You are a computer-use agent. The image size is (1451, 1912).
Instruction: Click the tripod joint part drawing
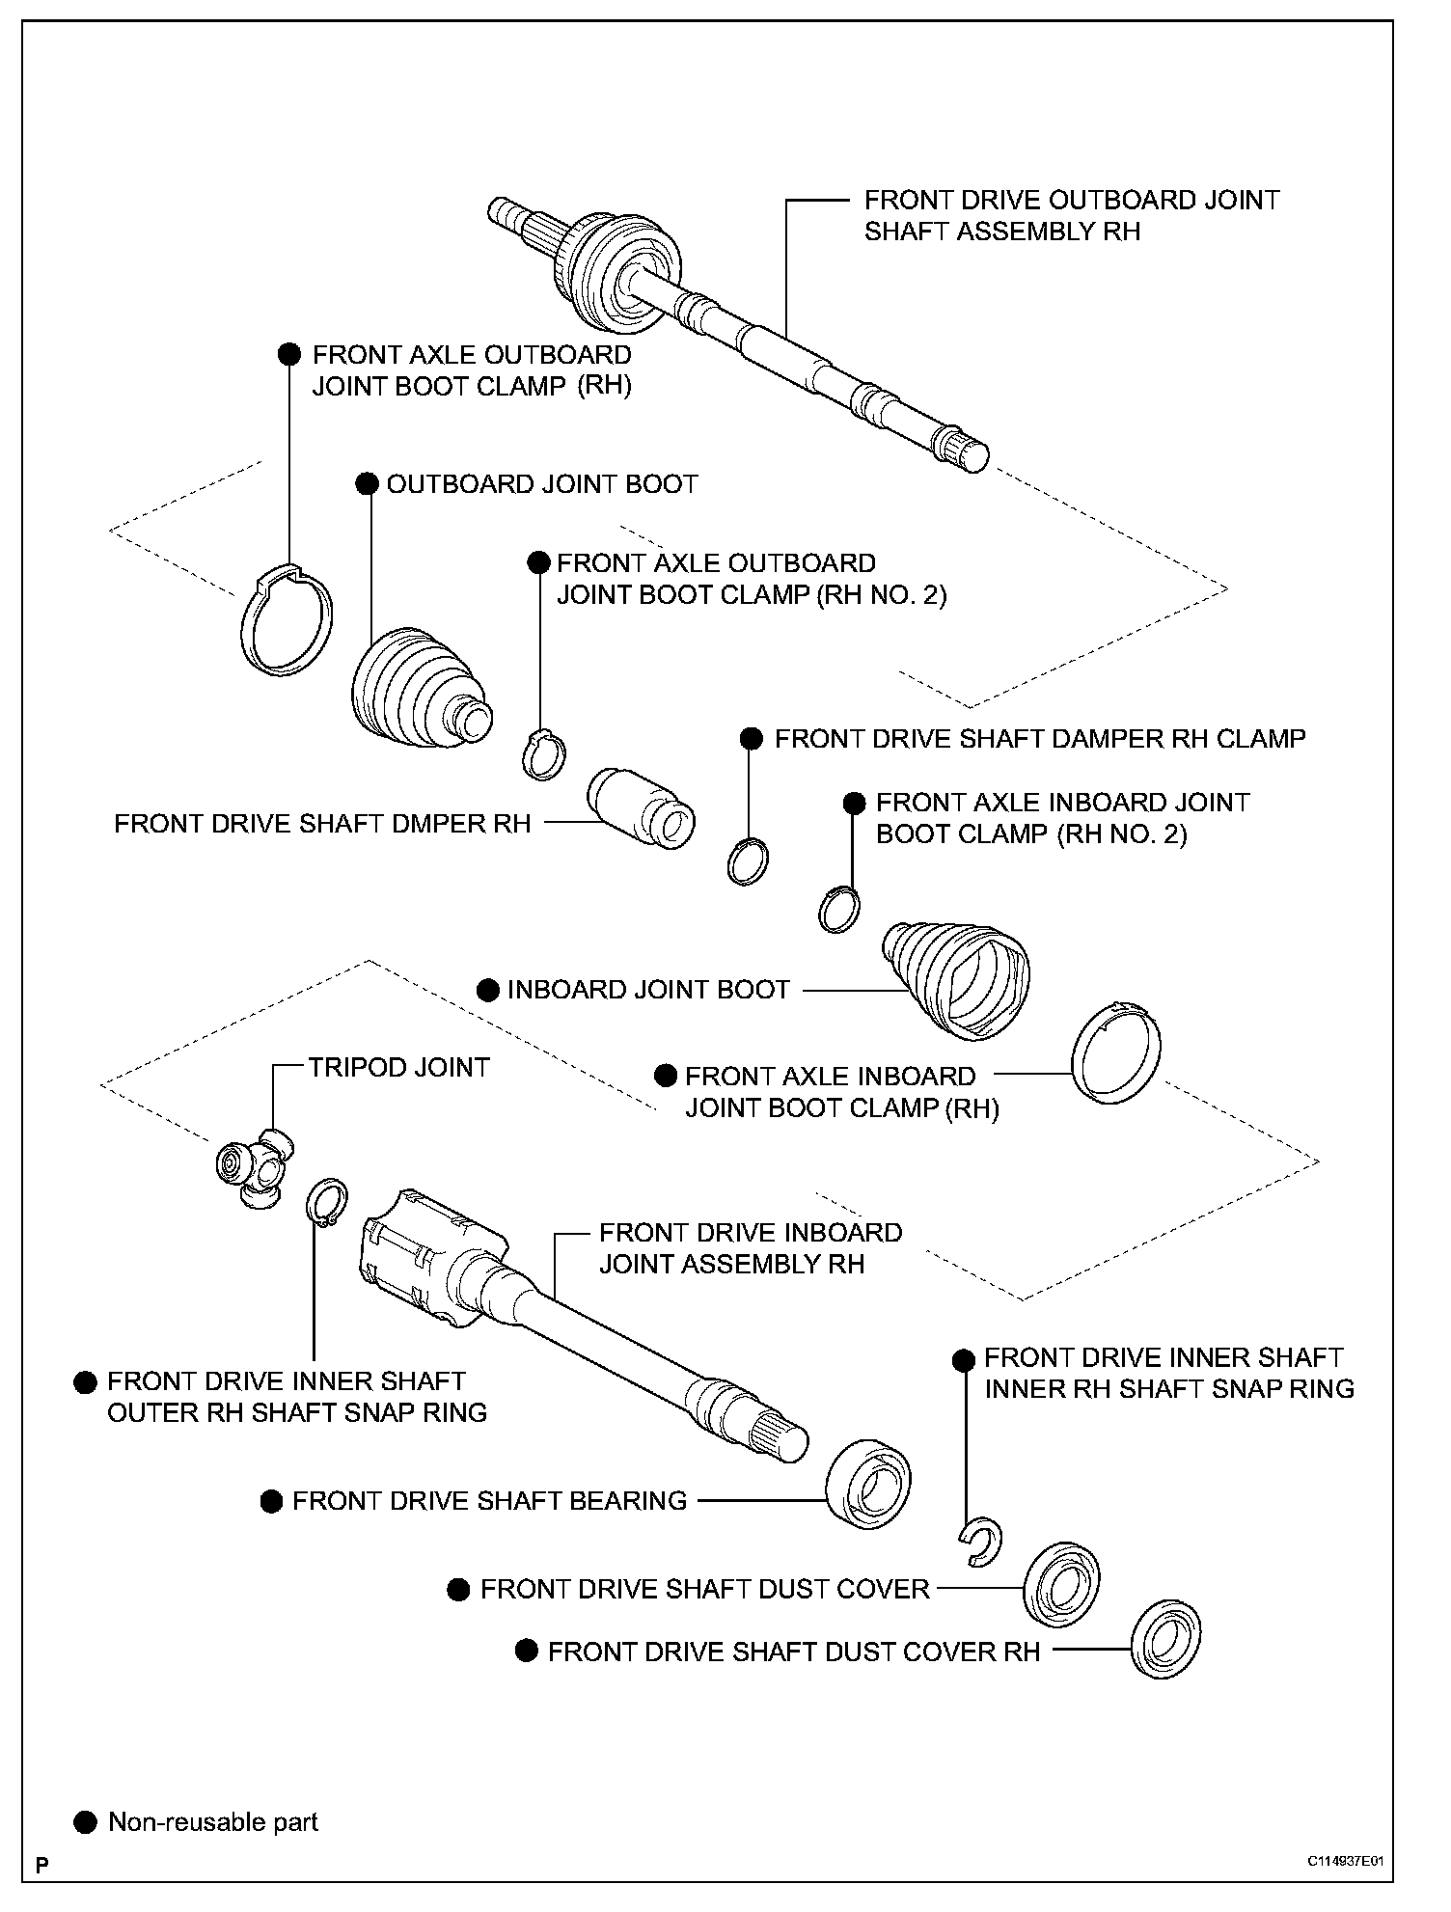click(254, 1166)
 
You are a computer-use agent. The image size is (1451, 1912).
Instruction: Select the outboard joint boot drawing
click(415, 691)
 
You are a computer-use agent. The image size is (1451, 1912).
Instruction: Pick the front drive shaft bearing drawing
click(868, 1486)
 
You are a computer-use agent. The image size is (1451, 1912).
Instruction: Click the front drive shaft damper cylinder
click(641, 807)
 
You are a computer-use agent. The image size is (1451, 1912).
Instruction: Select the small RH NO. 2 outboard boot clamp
click(544, 753)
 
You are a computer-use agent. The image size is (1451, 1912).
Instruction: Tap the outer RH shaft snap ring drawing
click(326, 1204)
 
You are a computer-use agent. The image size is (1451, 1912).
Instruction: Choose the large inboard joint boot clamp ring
click(1117, 1052)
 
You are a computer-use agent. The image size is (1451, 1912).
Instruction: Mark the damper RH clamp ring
click(748, 861)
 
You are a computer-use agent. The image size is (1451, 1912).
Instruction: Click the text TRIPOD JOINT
click(398, 1067)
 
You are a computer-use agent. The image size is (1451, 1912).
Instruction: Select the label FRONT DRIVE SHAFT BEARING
click(489, 1501)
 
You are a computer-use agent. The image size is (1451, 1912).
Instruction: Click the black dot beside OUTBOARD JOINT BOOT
click(367, 484)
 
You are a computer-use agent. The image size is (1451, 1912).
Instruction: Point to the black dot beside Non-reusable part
click(86, 1821)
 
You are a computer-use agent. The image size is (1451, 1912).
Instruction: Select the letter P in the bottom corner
click(41, 1892)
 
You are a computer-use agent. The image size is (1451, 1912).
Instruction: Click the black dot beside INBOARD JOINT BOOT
click(488, 990)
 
